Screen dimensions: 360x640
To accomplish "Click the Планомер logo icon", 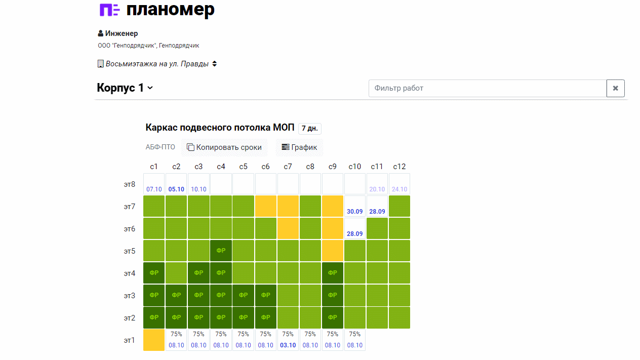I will tap(109, 10).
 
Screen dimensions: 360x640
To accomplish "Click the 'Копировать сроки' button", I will tap(224, 147).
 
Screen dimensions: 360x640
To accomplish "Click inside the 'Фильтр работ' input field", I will tap(487, 88).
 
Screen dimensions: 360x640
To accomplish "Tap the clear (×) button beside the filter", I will tap(615, 88).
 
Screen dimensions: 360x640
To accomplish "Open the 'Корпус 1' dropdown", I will tap(125, 88).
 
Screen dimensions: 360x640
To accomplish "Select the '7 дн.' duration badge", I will tap(309, 128).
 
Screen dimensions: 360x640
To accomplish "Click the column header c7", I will tap(288, 167).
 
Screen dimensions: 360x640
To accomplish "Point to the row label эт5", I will tap(130, 251).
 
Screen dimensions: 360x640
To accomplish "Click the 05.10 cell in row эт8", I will tap(176, 184).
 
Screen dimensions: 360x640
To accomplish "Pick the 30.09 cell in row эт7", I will tap(354, 206).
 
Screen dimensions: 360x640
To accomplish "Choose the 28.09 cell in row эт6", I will tap(354, 228).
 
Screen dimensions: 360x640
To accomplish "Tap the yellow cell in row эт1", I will tap(154, 340).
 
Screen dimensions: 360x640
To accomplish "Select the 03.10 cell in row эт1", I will tap(288, 340).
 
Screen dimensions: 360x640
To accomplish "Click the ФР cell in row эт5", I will tap(221, 251).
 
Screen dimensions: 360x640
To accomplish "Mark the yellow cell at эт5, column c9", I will tap(332, 251).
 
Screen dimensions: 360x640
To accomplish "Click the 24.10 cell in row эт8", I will tap(399, 184).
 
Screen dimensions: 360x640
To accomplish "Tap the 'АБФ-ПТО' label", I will tap(160, 147).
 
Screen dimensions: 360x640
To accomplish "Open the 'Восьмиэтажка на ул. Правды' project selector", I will tap(157, 64).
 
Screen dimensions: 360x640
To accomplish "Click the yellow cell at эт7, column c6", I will tap(265, 206).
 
